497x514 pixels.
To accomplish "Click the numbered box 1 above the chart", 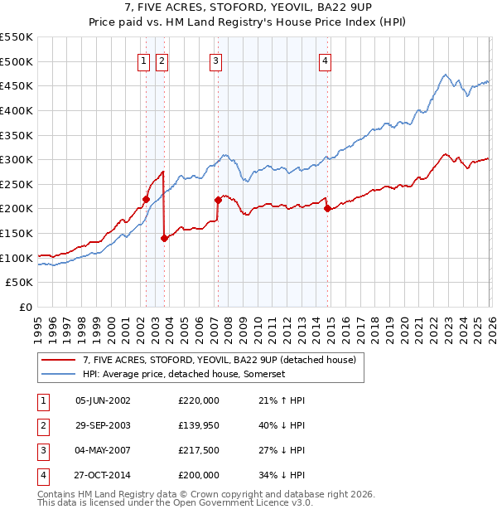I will (144, 60).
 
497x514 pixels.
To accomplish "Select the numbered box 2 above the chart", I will (162, 60).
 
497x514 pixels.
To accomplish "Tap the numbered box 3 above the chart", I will (215, 60).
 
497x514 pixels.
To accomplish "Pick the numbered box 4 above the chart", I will (326, 60).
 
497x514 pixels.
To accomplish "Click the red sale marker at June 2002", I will (146, 199).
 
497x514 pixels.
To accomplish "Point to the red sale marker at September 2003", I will (165, 238).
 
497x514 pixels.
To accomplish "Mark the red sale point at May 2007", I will (218, 200).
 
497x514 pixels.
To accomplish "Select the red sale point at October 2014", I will (327, 209).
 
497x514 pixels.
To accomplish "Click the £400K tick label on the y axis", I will (16, 110).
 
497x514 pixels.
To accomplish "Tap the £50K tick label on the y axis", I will (19, 283).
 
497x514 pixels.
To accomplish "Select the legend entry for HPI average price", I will (183, 374).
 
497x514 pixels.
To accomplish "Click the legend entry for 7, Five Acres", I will (220, 360).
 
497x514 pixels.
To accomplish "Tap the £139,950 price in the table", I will (199, 425).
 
